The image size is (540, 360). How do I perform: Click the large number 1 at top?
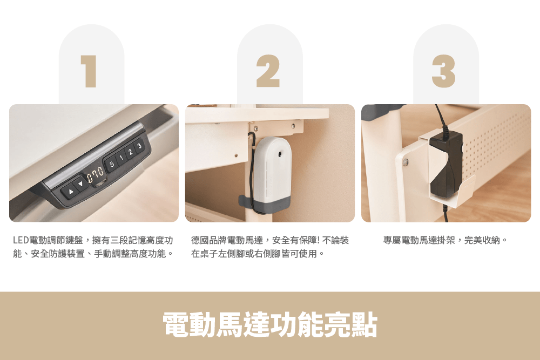pyautogui.click(x=89, y=71)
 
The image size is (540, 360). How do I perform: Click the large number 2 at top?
pyautogui.click(x=268, y=71)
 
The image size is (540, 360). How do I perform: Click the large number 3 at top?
pyautogui.click(x=443, y=71)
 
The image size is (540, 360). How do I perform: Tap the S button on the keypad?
pyautogui.click(x=112, y=164)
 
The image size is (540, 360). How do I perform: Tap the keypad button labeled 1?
pyautogui.click(x=121, y=158)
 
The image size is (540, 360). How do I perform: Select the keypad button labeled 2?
pyautogui.click(x=131, y=152)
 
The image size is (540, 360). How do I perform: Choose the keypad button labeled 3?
pyautogui.click(x=139, y=146)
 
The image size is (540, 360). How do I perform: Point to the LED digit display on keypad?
pyautogui.click(x=95, y=175)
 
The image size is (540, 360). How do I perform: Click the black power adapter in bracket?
pyautogui.click(x=446, y=163)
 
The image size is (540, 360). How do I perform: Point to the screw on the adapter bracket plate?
pyautogui.click(x=406, y=162)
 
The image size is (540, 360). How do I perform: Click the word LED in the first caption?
pyautogui.click(x=21, y=240)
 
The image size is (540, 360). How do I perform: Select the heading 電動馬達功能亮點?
pyautogui.click(x=270, y=324)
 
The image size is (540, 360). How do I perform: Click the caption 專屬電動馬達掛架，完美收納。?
pyautogui.click(x=446, y=240)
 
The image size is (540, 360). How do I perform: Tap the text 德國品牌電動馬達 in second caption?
pyautogui.click(x=227, y=240)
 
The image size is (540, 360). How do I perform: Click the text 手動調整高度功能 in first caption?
pyautogui.click(x=130, y=254)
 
